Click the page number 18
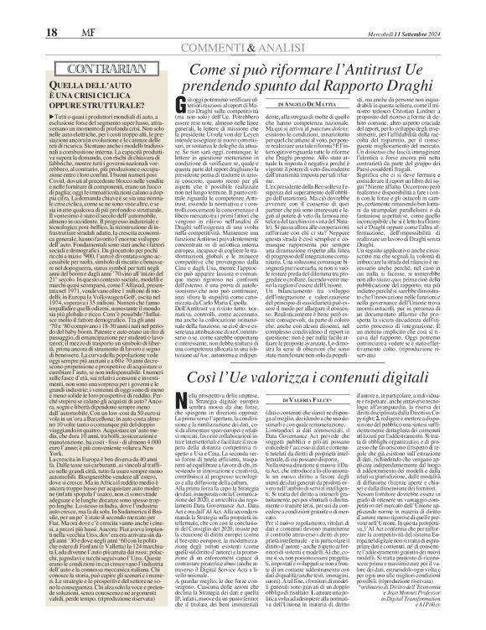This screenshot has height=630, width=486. coord(23,11)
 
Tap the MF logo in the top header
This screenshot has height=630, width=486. coord(59,11)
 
